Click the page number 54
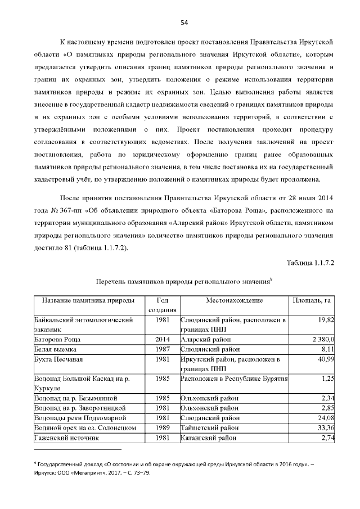pos(183,22)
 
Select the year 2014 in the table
pos(163,339)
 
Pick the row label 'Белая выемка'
pos(55,349)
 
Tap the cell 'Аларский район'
pos(205,339)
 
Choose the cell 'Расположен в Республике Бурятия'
pos(234,379)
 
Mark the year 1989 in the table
pos(163,427)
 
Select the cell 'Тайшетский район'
pos(208,427)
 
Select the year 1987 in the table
pos(163,349)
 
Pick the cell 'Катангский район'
pos(209,438)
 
